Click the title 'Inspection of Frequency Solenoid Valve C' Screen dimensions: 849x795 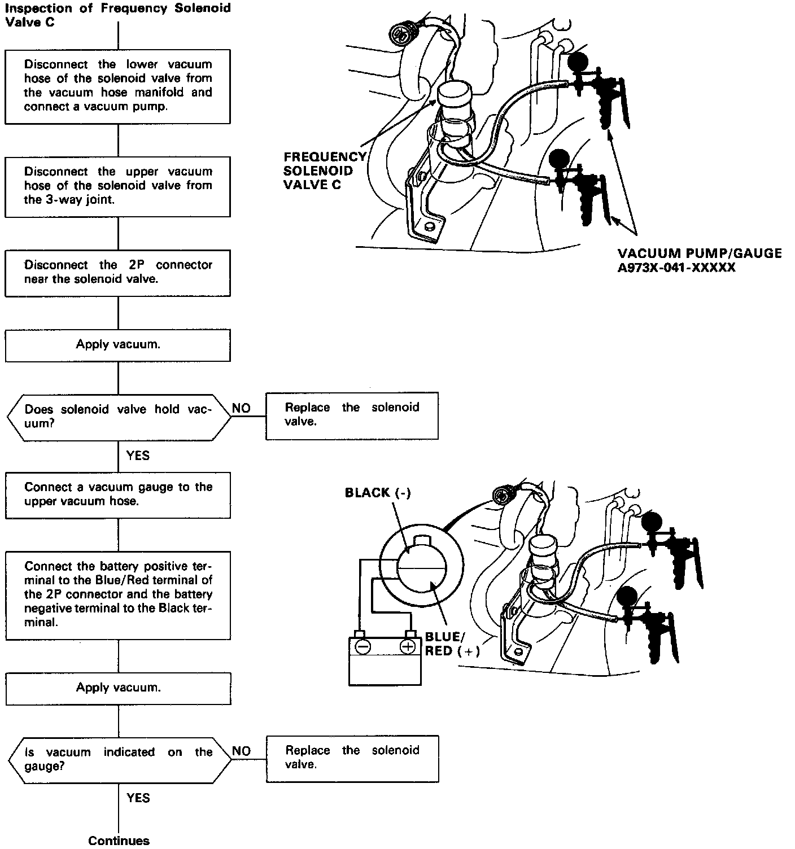(117, 16)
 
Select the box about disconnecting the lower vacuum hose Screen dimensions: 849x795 (117, 86)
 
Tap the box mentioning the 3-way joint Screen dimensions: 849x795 (117, 186)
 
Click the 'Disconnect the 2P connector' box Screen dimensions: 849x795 (117, 273)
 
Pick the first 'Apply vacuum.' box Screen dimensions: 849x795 (117, 345)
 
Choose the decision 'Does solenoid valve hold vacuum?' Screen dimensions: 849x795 (119, 417)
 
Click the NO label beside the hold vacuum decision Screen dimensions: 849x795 (241, 408)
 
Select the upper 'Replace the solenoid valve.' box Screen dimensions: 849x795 (352, 415)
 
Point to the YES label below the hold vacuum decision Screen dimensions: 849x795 (138, 455)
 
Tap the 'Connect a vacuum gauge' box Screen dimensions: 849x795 (117, 494)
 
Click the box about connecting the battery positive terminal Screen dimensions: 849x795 (117, 594)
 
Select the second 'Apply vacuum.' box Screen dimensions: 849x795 (117, 688)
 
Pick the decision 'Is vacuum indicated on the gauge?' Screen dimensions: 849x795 (119, 759)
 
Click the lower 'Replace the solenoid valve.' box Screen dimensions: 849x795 (352, 758)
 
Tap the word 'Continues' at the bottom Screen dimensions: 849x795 (119, 841)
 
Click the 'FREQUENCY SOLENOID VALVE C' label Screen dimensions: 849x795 (324, 171)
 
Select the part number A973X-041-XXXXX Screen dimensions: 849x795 (676, 268)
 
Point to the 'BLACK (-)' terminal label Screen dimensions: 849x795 (378, 493)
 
